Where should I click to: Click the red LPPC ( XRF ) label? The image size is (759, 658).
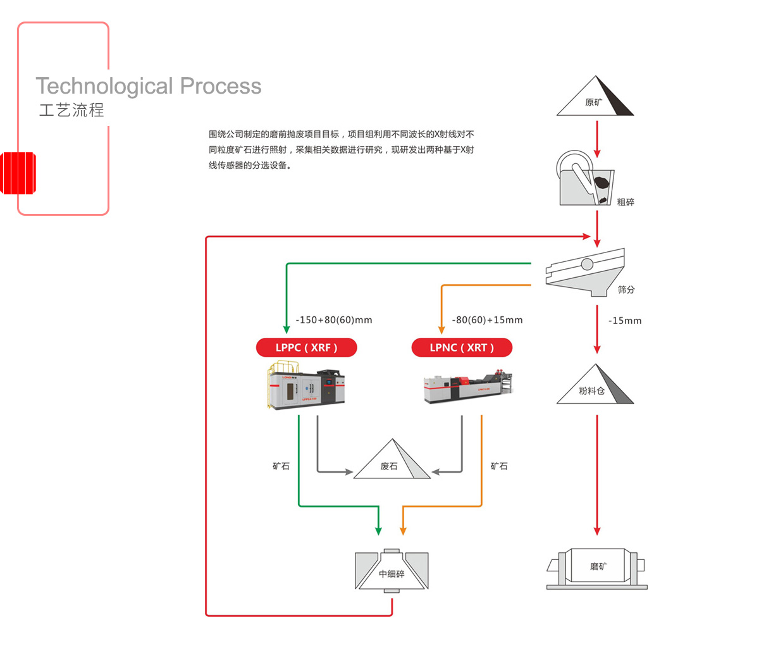click(x=306, y=347)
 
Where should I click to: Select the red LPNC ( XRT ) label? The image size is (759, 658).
click(x=462, y=347)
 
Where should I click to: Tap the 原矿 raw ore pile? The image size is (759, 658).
click(x=595, y=98)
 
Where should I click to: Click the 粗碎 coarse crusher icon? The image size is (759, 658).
click(x=585, y=179)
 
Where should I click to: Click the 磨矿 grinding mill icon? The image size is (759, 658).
click(x=597, y=567)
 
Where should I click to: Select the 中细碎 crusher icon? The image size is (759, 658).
click(x=392, y=571)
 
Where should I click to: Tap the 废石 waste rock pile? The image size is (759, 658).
click(x=392, y=461)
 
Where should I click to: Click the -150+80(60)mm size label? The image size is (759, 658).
click(x=334, y=320)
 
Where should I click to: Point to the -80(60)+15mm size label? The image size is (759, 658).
click(x=488, y=320)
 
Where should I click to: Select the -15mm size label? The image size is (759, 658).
click(x=625, y=321)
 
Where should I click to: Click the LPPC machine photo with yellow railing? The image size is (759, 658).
click(x=305, y=385)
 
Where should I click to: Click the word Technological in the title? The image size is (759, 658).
click(x=104, y=86)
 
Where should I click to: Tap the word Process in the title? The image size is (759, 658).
click(x=220, y=86)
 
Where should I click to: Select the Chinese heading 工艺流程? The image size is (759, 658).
click(x=71, y=110)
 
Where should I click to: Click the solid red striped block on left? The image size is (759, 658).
click(x=18, y=173)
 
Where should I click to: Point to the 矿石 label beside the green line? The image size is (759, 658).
click(x=281, y=466)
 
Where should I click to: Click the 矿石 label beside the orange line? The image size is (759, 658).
click(x=499, y=466)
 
